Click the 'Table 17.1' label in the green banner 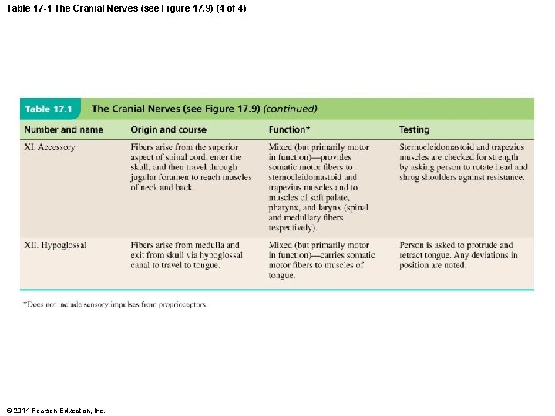click(52, 109)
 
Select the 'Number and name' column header click(63, 129)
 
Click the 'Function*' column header click(291, 129)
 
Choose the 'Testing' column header click(414, 129)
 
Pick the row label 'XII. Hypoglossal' click(55, 246)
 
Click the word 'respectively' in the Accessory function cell click(291, 228)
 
